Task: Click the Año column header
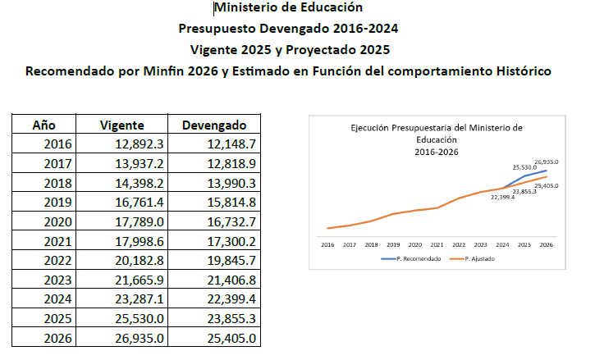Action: click(43, 125)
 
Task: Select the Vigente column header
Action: click(121, 125)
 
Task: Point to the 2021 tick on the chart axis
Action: click(436, 244)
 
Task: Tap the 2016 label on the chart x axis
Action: click(327, 244)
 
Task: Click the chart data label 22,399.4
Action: click(502, 197)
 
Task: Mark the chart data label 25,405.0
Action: click(546, 186)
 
